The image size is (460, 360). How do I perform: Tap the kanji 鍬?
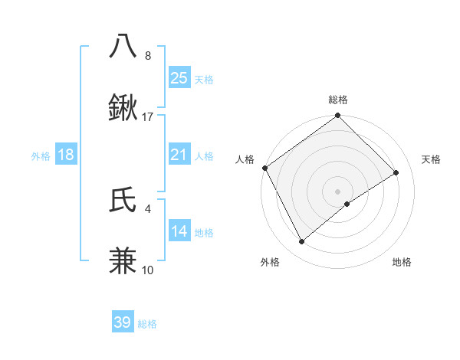click(x=123, y=108)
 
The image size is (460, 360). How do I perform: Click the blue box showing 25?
click(x=179, y=78)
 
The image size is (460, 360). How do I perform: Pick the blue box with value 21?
click(x=179, y=155)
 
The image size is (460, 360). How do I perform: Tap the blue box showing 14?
click(x=179, y=231)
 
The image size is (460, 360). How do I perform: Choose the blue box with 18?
click(x=66, y=155)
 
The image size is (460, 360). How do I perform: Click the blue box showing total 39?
click(x=123, y=322)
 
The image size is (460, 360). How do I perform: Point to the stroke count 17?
click(x=148, y=117)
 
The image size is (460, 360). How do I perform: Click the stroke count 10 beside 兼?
click(x=148, y=270)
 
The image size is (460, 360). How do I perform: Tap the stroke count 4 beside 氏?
click(x=148, y=208)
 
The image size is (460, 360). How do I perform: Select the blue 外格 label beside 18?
click(x=41, y=156)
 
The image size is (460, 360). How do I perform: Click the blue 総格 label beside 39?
click(x=147, y=324)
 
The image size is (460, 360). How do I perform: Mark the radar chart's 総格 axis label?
click(x=338, y=100)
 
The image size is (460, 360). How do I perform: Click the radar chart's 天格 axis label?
click(x=432, y=159)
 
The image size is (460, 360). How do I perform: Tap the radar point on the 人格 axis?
click(x=264, y=168)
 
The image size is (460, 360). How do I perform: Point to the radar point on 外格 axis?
click(x=302, y=242)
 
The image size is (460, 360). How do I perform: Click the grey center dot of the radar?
click(x=337, y=191)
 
